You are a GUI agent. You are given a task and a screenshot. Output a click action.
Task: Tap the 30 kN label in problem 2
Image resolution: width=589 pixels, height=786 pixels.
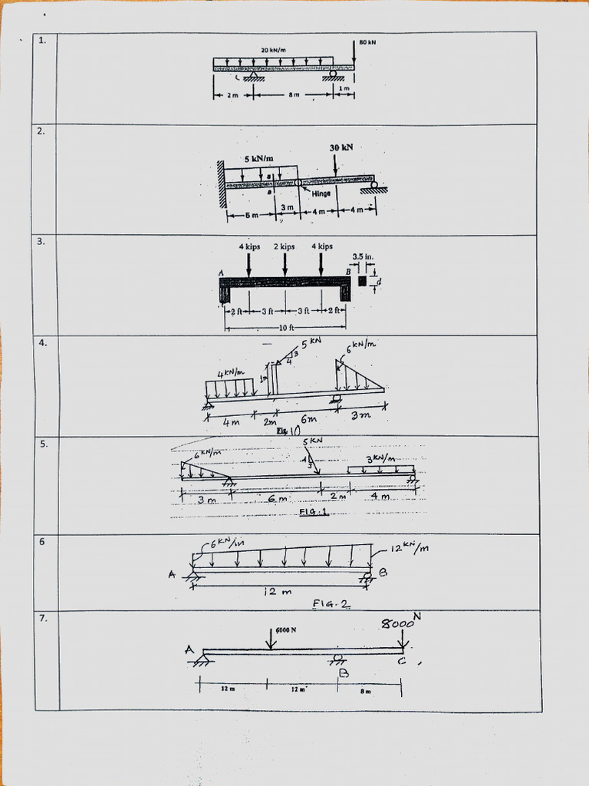point(341,147)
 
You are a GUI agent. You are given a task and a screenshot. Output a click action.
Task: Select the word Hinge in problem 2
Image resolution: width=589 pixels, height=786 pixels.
point(321,193)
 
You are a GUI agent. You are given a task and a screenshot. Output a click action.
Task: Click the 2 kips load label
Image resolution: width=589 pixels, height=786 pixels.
point(284,246)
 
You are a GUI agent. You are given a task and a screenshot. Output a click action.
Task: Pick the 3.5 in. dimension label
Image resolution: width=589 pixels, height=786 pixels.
point(362,256)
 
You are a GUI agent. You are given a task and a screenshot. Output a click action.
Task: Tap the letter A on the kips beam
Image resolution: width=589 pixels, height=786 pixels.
point(221,272)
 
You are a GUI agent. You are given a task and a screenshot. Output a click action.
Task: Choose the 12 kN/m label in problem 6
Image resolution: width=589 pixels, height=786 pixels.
point(410,548)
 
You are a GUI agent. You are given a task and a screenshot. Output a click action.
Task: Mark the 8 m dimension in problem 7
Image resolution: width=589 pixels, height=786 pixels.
point(366,692)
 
